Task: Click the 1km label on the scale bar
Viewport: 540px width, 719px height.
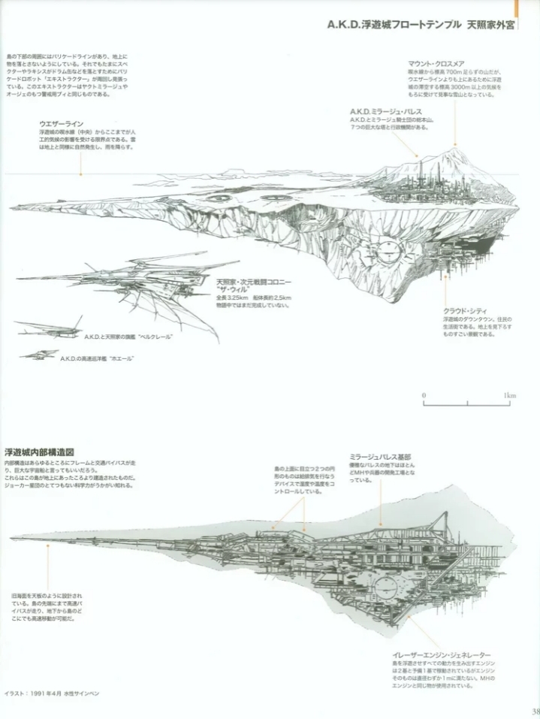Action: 510,395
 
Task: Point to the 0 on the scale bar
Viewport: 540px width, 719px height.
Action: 424,395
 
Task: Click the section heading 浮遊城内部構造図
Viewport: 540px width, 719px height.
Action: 38,452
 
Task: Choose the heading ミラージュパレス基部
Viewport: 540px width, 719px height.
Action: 380,456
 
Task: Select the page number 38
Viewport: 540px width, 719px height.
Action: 534,711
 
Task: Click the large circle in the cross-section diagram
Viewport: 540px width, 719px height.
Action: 389,585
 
